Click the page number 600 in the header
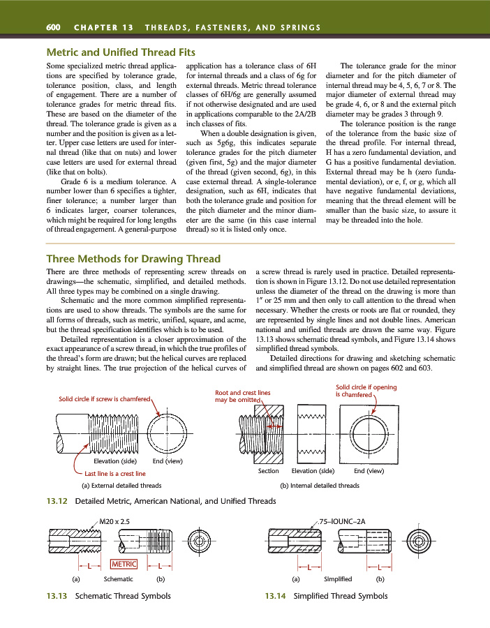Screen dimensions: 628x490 (x=52, y=27)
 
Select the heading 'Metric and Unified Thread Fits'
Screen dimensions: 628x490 (x=120, y=52)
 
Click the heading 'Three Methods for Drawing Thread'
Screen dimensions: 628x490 (x=133, y=258)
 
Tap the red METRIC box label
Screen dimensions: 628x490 (x=124, y=565)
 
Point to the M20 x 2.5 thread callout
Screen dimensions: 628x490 (x=114, y=521)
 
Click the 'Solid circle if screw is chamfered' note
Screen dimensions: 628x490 (x=105, y=398)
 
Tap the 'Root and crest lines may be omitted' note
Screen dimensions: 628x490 (x=242, y=396)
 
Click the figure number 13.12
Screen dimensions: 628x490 (x=57, y=501)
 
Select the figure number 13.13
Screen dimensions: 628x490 (x=57, y=596)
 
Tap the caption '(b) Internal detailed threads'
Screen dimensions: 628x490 (x=320, y=485)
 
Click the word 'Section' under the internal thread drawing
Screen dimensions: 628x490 (x=269, y=471)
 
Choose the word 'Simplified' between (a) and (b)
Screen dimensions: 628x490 (x=338, y=579)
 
